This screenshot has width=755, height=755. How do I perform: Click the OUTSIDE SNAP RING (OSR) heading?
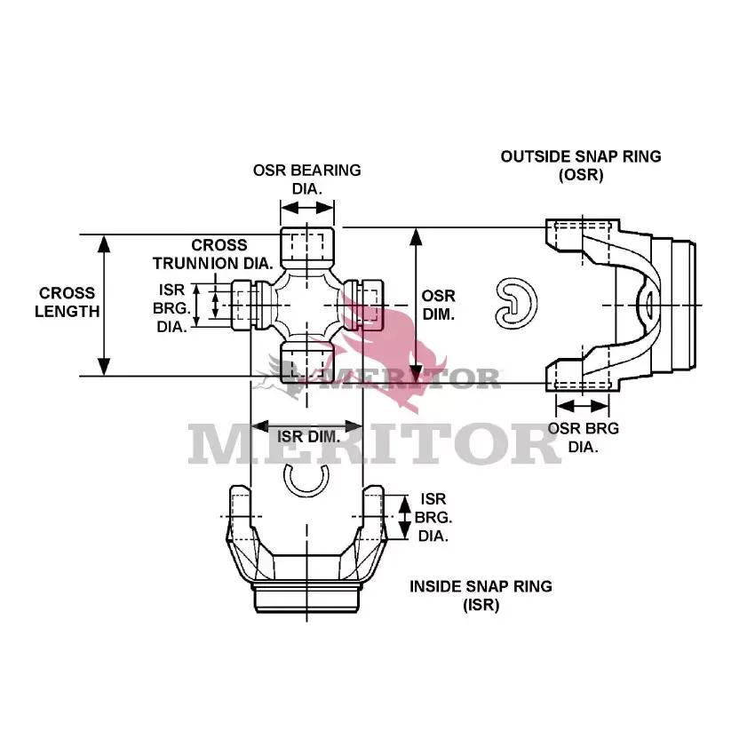581,165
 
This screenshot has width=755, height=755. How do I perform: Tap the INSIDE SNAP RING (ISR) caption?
481,595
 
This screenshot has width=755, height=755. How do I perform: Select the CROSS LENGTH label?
67,302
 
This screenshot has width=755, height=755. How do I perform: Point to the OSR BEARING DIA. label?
307,179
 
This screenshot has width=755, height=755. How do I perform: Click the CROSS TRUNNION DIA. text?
213,254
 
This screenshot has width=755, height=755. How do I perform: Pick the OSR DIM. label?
439,305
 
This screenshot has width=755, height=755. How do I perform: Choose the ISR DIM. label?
308,437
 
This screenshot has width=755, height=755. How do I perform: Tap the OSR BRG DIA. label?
583,437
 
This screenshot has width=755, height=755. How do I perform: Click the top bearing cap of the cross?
307,248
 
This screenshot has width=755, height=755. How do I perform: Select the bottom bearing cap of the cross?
307,362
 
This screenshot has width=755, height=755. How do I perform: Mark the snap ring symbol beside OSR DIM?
516,304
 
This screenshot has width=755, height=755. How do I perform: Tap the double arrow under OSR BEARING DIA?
307,208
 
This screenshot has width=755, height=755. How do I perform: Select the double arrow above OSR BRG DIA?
583,406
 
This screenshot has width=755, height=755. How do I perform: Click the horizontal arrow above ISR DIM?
306,426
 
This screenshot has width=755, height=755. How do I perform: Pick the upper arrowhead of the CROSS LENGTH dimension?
104,243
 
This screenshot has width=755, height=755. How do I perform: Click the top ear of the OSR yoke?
583,235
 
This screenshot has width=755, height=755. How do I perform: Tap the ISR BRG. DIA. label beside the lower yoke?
433,517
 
